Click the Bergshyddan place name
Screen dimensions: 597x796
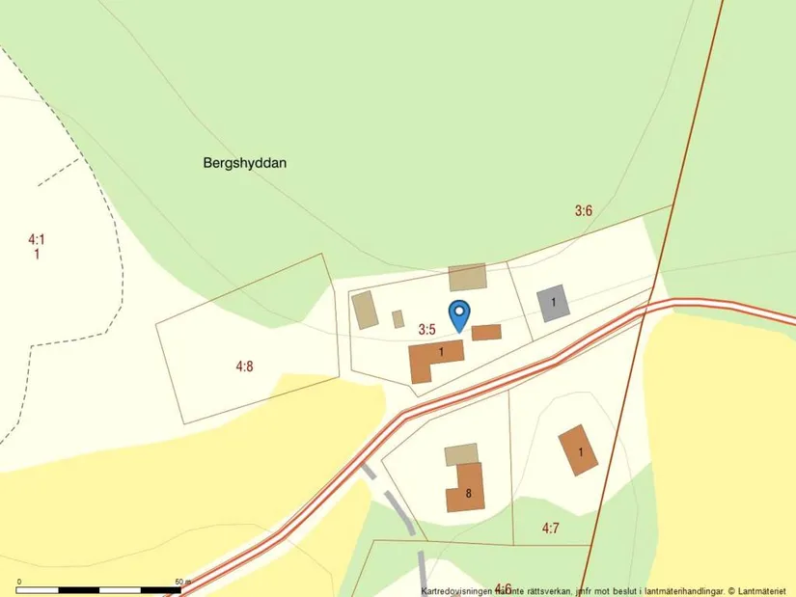[x=245, y=163]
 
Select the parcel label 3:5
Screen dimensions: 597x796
[x=427, y=330]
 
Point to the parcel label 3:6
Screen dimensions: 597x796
[x=583, y=210]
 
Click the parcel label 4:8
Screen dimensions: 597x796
[x=245, y=366]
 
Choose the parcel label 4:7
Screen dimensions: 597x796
[x=551, y=528]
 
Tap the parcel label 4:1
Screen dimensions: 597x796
[x=37, y=239]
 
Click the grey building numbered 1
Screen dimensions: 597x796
[x=553, y=303]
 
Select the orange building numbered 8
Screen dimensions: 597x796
[x=465, y=488]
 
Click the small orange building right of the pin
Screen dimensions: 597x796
[x=486, y=333]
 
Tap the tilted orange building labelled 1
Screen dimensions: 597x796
[x=579, y=450]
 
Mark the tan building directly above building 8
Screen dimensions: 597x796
[x=460, y=454]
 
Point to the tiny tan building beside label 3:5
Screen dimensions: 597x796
[x=398, y=318]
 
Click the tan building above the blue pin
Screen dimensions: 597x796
[x=467, y=277]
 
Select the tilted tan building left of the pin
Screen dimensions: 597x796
[x=365, y=311]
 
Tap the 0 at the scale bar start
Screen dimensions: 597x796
[x=20, y=582]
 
